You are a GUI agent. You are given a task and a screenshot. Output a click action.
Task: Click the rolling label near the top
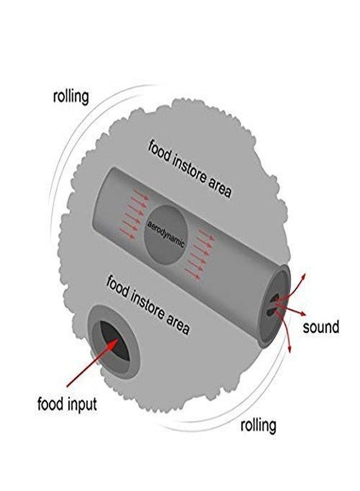[71, 97]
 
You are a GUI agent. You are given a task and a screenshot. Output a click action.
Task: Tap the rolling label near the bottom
[258, 425]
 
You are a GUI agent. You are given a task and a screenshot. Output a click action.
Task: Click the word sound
[321, 327]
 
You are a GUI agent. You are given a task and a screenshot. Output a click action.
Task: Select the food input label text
[67, 404]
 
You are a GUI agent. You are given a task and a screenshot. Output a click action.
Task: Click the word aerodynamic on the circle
[166, 235]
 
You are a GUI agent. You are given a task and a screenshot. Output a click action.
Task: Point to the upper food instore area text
[190, 169]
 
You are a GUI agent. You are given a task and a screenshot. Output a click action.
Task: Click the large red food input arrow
[92, 363]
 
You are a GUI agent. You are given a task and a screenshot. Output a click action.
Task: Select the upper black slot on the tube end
[274, 299]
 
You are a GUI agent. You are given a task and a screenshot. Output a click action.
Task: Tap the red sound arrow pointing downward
[284, 329]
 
